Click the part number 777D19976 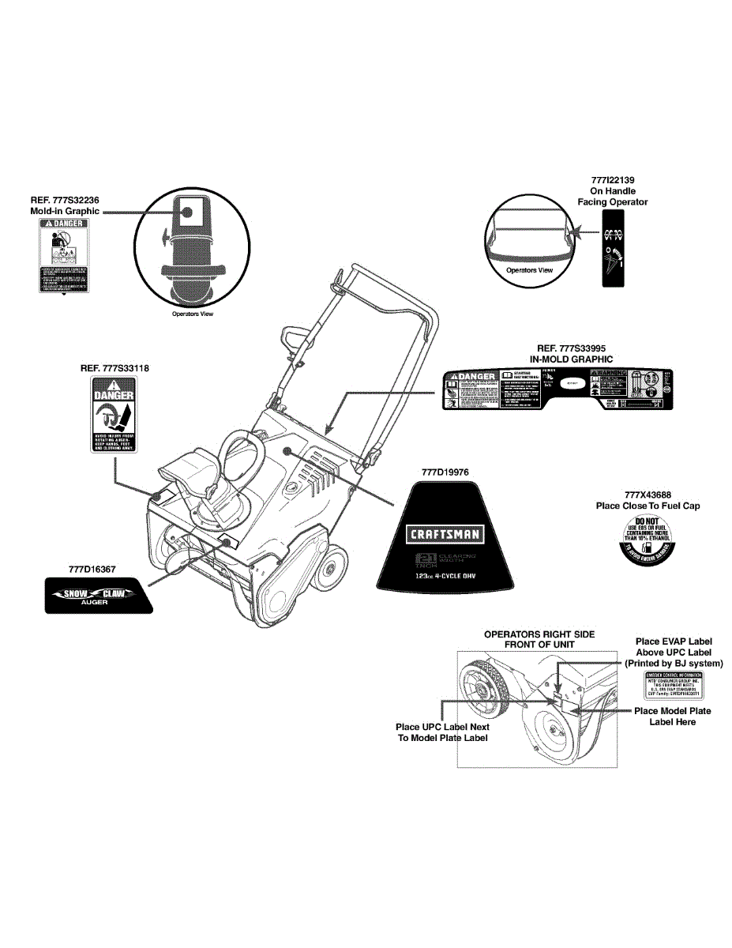click(x=445, y=472)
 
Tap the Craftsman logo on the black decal click(x=445, y=534)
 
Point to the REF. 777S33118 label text click(x=114, y=368)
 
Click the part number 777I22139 click(x=612, y=180)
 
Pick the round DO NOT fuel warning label click(x=648, y=540)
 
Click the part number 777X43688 click(x=648, y=495)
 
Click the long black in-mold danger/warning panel click(x=557, y=390)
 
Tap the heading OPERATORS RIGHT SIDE click(x=539, y=634)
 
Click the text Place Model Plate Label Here click(x=672, y=717)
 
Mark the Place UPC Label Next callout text click(x=442, y=727)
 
